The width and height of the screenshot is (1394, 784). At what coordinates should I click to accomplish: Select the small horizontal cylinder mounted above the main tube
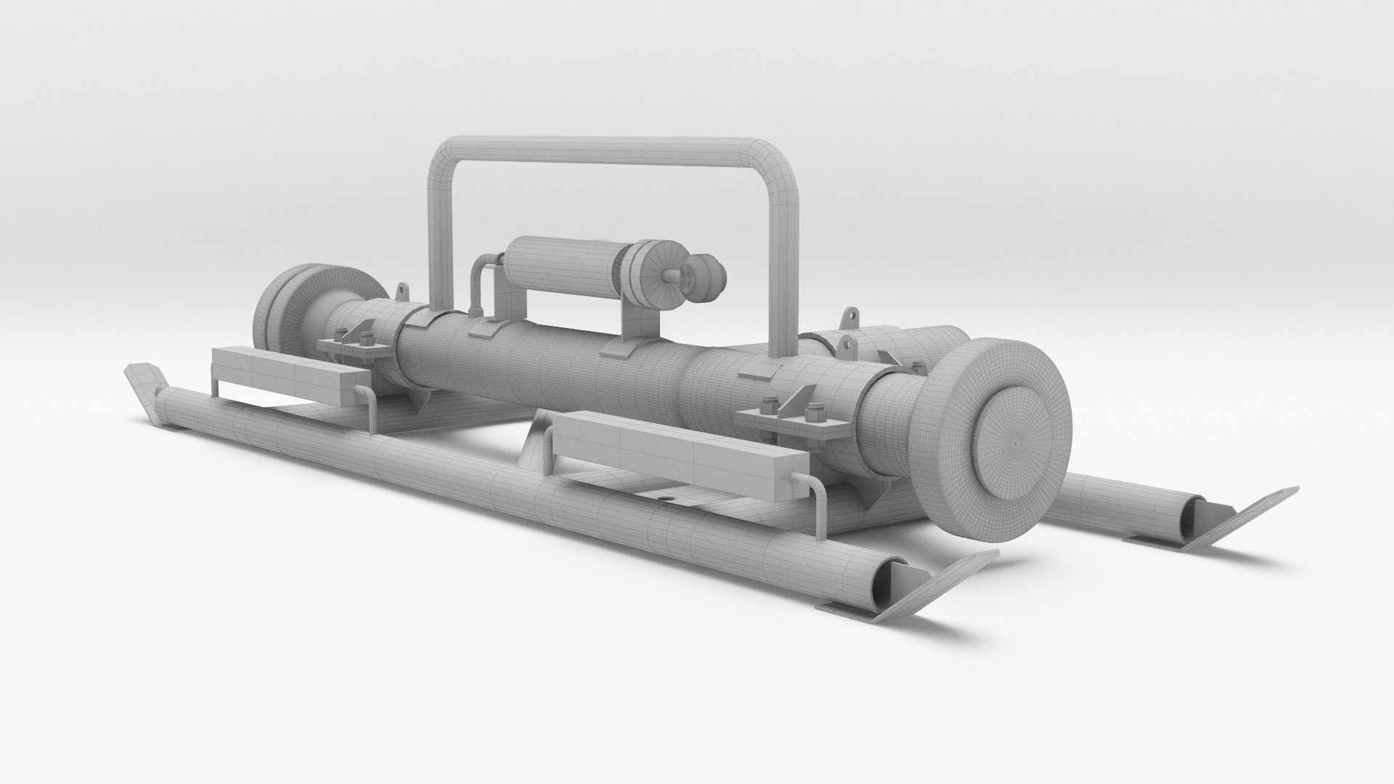click(559, 276)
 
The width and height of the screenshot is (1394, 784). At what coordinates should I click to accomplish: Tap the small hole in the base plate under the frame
click(665, 499)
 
